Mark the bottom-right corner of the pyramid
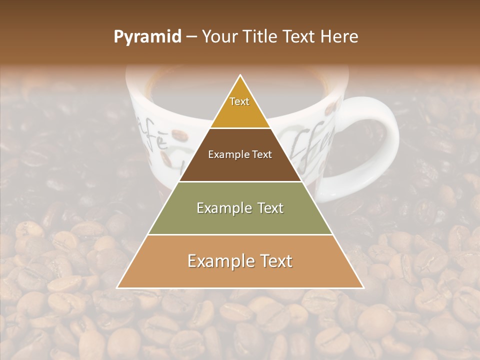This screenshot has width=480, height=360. pos(363,287)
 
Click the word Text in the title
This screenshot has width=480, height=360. pos(300,37)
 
